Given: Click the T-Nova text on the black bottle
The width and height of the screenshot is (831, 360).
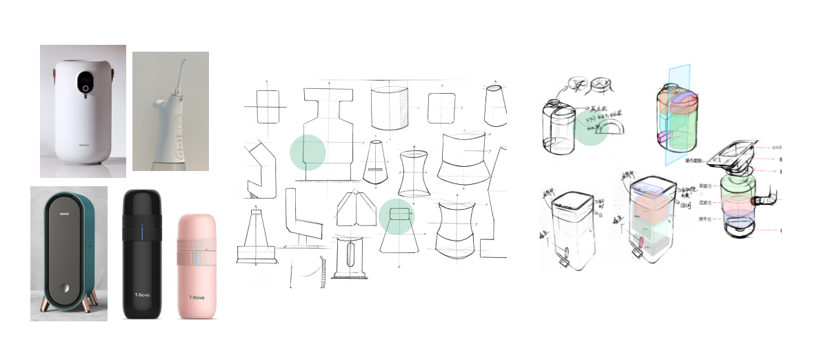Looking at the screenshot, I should click(x=142, y=295).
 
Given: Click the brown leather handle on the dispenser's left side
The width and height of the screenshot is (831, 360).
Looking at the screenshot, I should click(x=58, y=70).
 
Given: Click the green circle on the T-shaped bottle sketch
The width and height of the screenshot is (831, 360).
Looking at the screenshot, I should click(x=308, y=152).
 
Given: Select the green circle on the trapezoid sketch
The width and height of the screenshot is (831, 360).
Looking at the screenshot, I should click(x=396, y=217).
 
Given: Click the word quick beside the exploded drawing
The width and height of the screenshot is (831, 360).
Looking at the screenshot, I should click(x=776, y=147).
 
